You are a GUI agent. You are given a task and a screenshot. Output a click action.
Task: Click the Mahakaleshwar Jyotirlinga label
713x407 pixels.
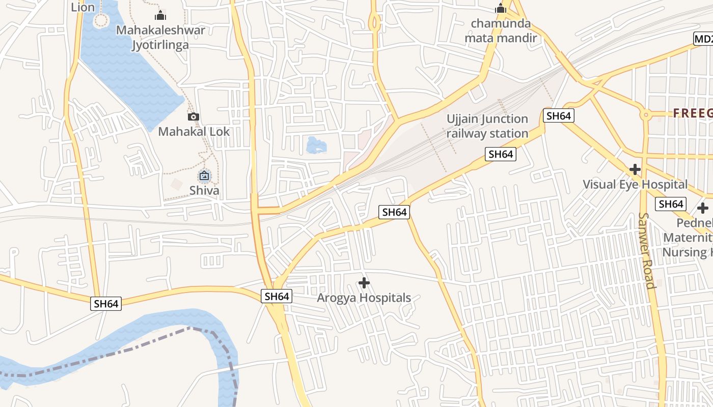pyautogui.click(x=160, y=37)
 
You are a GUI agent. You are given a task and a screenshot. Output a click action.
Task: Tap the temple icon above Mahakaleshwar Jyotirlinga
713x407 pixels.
pyautogui.click(x=161, y=15)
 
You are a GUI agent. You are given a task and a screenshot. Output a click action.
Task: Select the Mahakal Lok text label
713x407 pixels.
pyautogui.click(x=194, y=132)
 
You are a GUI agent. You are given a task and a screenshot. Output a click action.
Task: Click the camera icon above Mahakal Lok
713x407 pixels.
pyautogui.click(x=193, y=117)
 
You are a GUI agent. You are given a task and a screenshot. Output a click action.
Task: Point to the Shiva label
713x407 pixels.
pyautogui.click(x=204, y=191)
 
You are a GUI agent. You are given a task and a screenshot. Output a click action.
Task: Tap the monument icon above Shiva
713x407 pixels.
pyautogui.click(x=204, y=176)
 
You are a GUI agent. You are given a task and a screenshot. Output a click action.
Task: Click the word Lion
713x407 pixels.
pyautogui.click(x=83, y=7)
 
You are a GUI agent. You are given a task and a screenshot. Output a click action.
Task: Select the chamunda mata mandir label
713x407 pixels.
pyautogui.click(x=501, y=31)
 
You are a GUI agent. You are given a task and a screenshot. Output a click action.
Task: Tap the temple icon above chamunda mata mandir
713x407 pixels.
pyautogui.click(x=501, y=9)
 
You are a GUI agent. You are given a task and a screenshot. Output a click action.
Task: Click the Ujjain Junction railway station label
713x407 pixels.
pyautogui.click(x=487, y=126)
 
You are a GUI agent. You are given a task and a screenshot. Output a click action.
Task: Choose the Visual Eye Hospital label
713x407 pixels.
pyautogui.click(x=635, y=184)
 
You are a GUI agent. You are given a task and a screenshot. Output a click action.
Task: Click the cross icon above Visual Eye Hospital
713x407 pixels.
pyautogui.click(x=635, y=169)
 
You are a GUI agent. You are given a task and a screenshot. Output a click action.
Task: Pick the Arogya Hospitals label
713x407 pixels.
pyautogui.click(x=364, y=298)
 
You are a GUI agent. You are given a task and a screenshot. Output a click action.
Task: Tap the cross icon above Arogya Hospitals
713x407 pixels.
pyautogui.click(x=364, y=282)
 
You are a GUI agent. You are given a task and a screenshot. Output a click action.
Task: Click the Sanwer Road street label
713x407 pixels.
pyautogui.click(x=645, y=250)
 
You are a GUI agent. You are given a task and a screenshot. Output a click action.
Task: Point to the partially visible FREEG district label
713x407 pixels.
pyautogui.click(x=693, y=113)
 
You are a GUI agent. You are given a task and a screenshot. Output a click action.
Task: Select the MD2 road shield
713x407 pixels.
pyautogui.click(x=703, y=39)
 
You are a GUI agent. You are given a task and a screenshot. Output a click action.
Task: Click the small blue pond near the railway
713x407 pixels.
pyautogui.click(x=316, y=146)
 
